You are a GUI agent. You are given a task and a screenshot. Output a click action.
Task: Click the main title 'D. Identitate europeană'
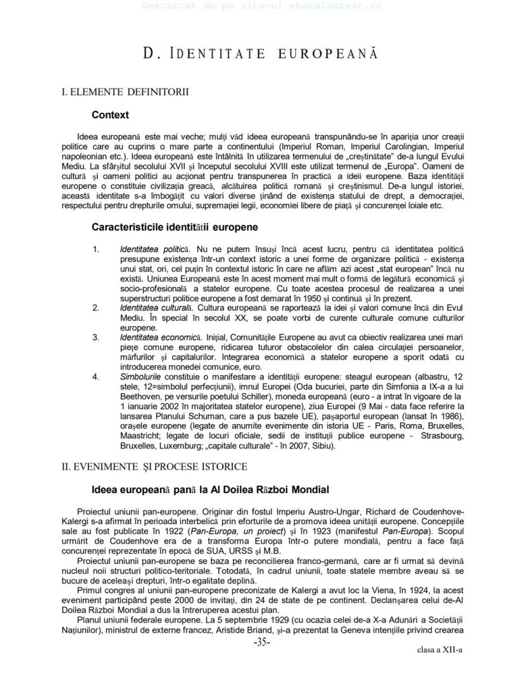click(261, 54)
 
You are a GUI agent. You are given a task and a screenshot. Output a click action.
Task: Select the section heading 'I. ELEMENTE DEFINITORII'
click(125, 92)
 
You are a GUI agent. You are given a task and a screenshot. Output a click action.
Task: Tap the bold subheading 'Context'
click(110, 115)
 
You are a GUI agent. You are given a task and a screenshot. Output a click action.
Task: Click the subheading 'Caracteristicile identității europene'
click(175, 227)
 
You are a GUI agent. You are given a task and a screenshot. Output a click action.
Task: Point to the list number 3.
click(96, 337)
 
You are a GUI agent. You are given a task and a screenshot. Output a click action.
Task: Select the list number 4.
click(96, 377)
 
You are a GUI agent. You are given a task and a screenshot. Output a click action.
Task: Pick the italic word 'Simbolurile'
click(140, 377)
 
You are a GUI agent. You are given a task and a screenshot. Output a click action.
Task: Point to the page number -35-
click(262, 642)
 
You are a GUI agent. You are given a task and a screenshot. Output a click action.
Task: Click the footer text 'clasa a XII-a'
click(439, 650)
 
